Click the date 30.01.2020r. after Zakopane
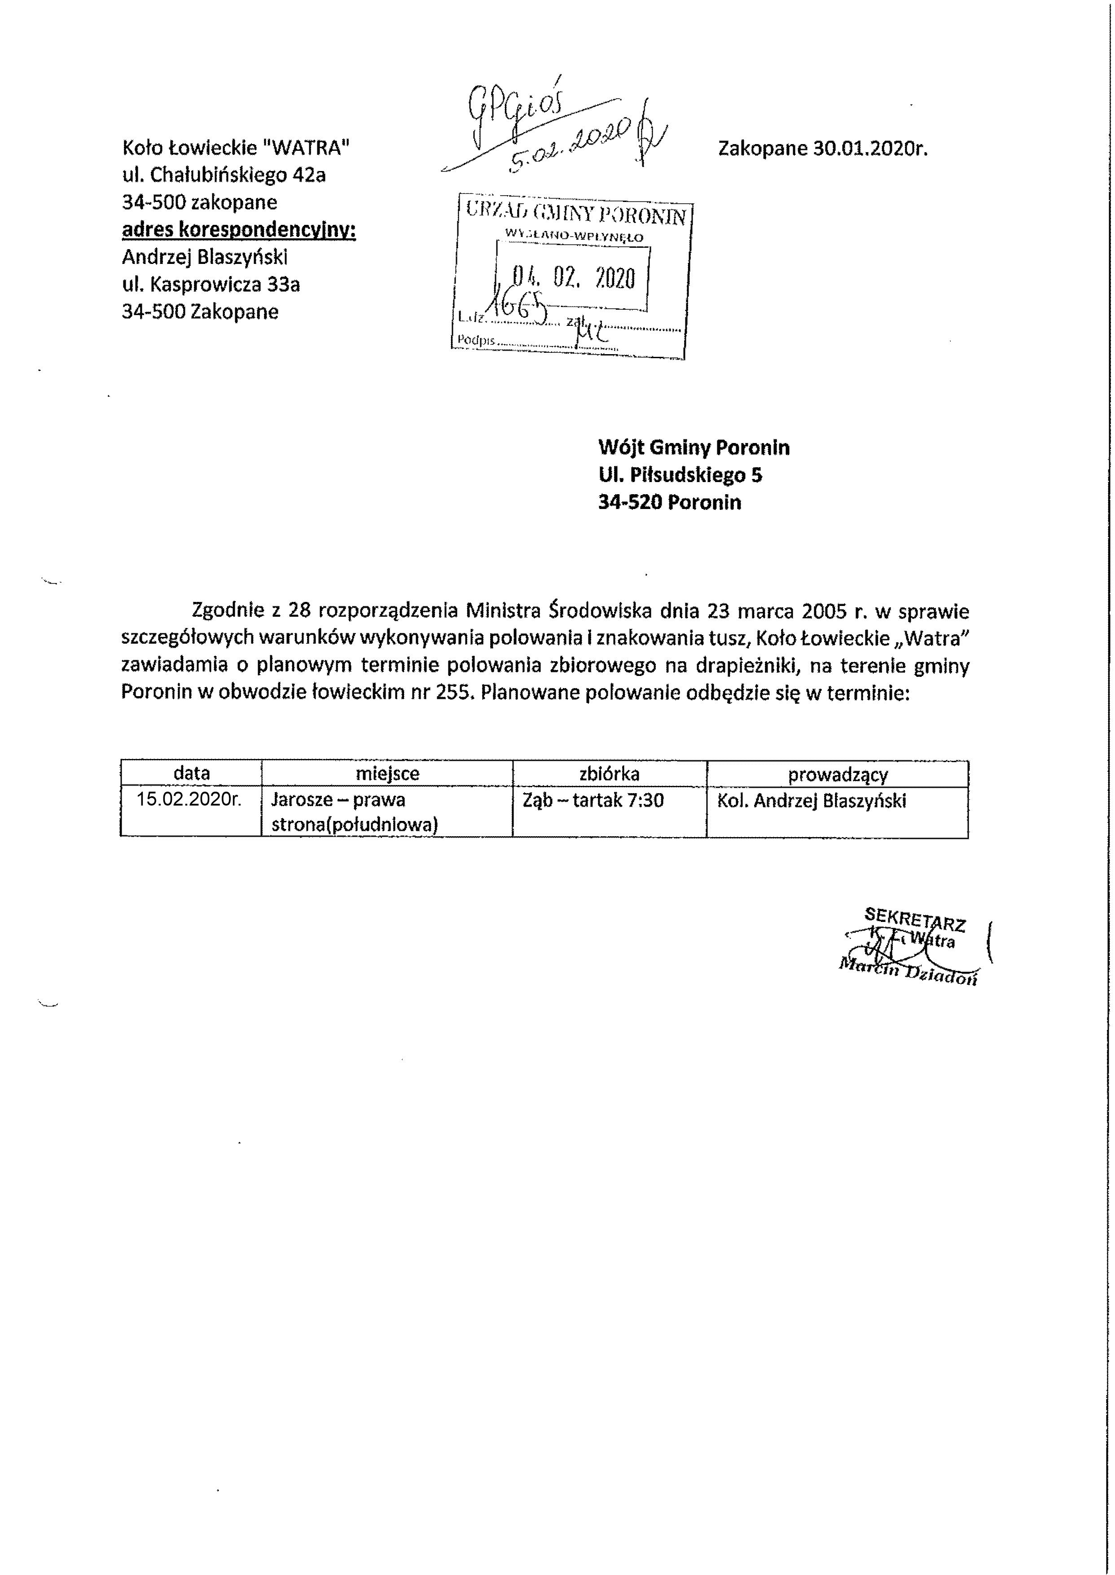[870, 149]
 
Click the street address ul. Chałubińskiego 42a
[223, 175]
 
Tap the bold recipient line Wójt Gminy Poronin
[694, 447]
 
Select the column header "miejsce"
[387, 774]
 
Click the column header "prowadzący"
[838, 774]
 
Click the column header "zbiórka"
[609, 774]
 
